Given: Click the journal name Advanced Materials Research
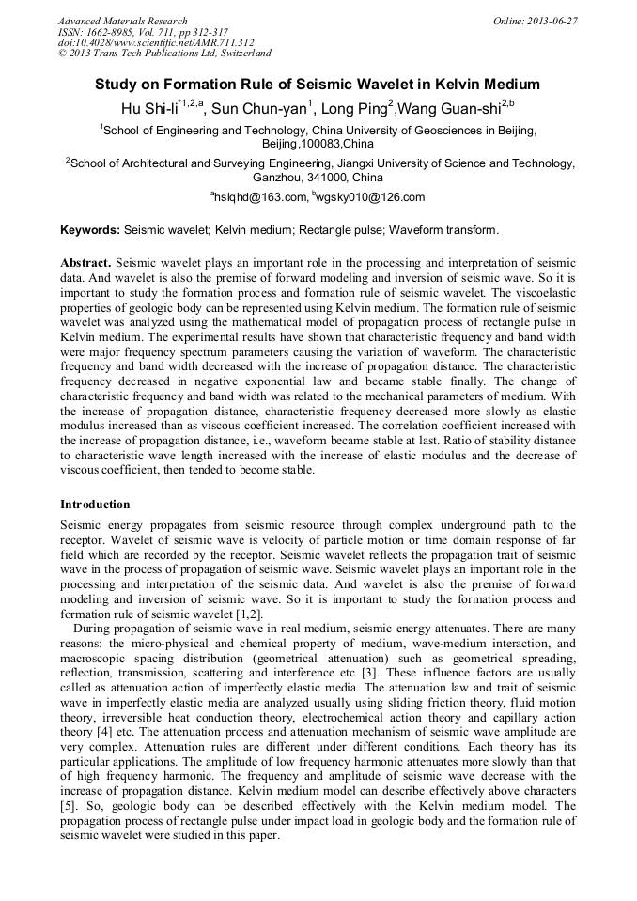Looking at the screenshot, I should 122,21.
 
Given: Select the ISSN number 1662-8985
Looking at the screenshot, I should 117,32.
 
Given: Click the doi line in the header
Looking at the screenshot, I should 156,42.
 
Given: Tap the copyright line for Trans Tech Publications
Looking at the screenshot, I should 163,54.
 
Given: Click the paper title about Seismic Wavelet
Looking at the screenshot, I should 318,84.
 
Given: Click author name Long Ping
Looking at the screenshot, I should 357,108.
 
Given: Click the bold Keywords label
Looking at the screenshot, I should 90,230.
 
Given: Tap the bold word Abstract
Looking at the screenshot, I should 85,260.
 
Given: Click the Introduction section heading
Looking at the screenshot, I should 95,505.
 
